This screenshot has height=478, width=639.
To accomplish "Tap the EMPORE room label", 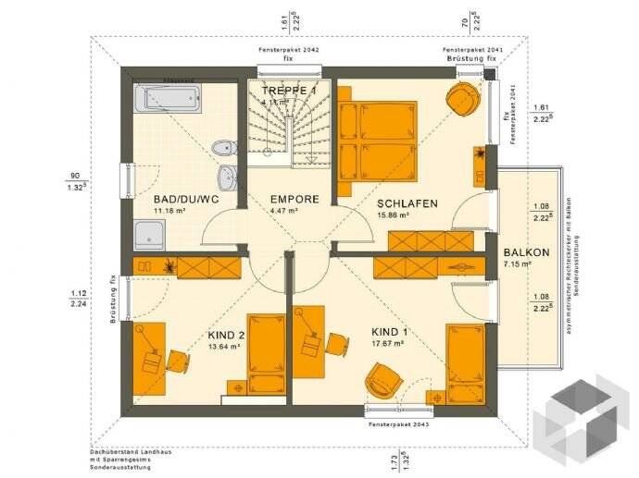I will (x=294, y=199).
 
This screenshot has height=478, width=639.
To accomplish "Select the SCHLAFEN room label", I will (x=407, y=203).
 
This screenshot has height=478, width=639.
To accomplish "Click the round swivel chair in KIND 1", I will (x=381, y=379).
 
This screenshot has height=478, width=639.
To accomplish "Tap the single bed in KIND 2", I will (x=269, y=351).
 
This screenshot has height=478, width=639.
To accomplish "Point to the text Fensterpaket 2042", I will (x=288, y=49).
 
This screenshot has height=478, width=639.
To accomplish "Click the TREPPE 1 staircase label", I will (x=289, y=91).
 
